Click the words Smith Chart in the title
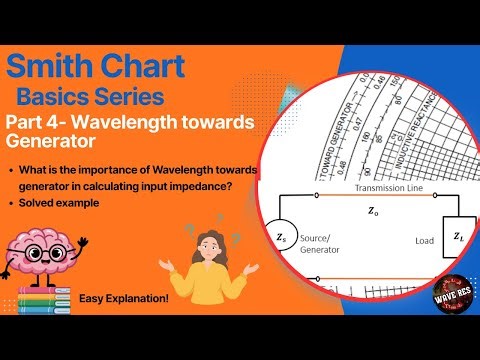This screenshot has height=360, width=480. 95,68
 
